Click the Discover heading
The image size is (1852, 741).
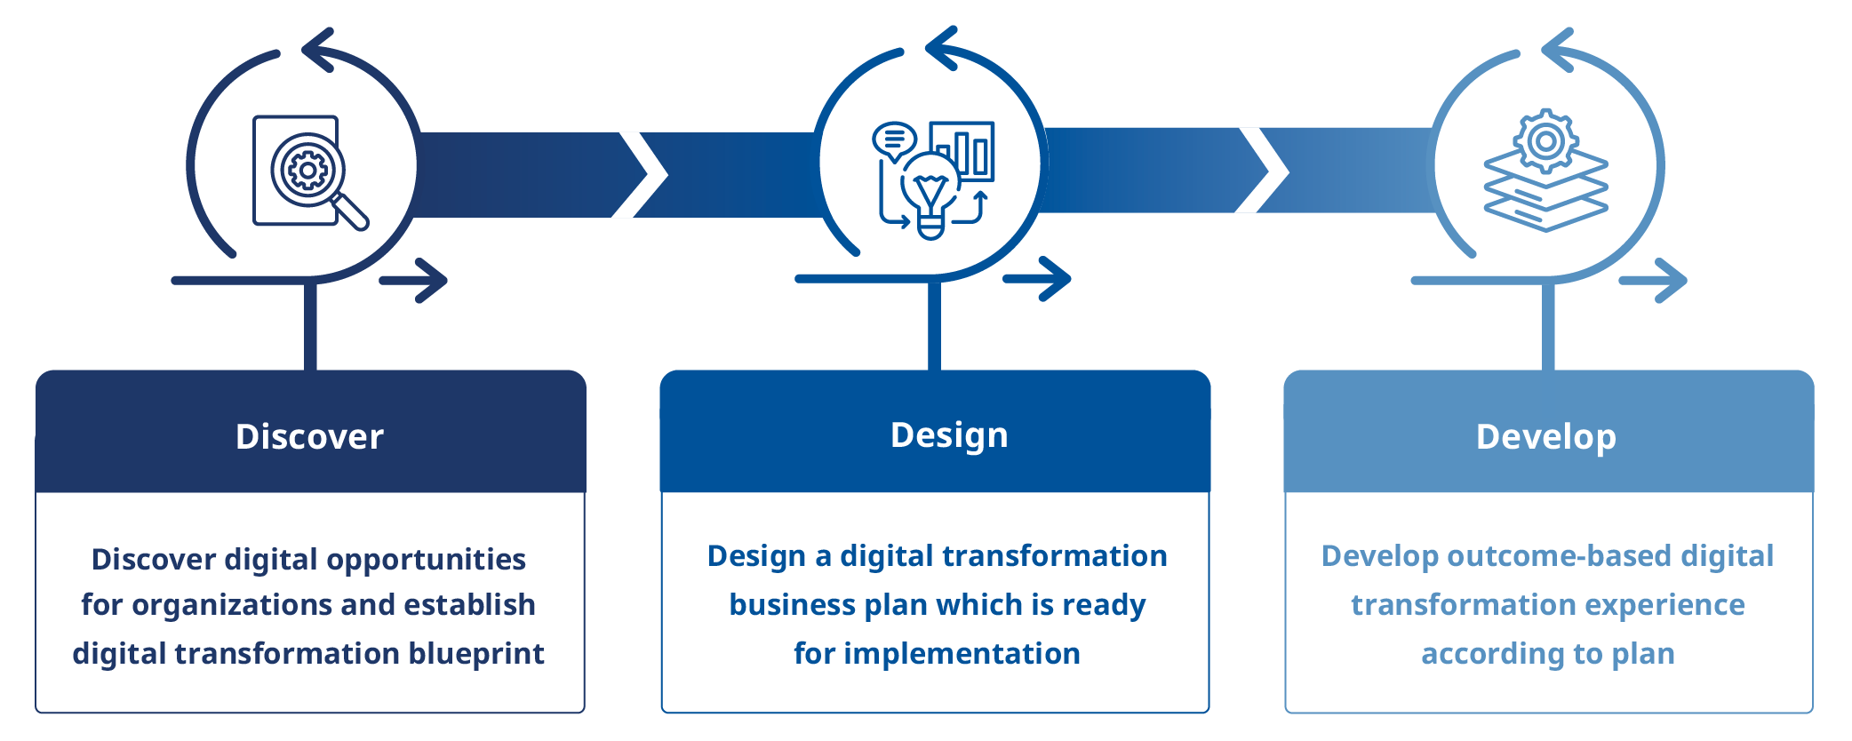(309, 436)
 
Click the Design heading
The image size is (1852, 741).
(949, 435)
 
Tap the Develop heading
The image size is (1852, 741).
(1545, 436)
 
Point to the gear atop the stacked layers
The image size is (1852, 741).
(1546, 140)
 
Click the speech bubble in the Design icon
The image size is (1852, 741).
(894, 139)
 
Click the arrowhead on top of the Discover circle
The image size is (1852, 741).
(317, 50)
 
